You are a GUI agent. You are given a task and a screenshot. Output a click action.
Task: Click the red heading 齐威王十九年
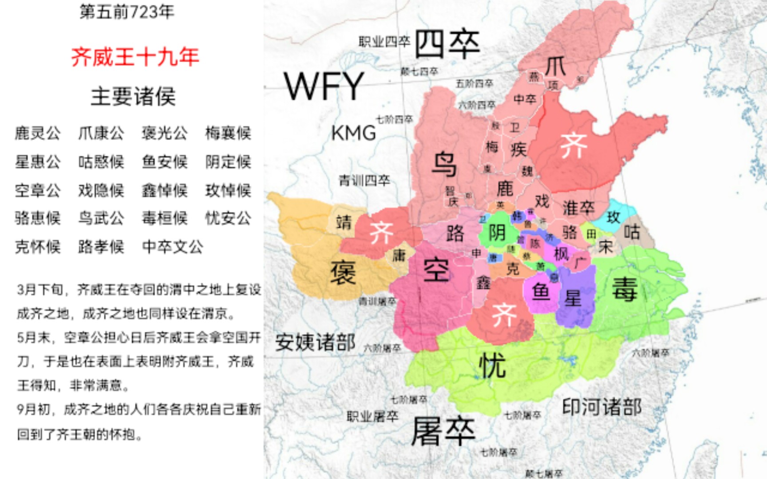pos(135,57)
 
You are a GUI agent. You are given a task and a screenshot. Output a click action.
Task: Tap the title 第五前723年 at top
pos(127,12)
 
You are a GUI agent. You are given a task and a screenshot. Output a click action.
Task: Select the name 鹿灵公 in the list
pos(38,133)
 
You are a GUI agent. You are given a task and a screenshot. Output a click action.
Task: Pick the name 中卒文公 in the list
pos(172,247)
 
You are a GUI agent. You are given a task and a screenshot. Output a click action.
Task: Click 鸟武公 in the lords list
pos(101,218)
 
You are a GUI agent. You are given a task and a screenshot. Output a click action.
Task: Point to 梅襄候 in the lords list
pos(228,133)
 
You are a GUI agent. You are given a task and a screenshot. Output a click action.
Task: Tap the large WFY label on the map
pos(324,86)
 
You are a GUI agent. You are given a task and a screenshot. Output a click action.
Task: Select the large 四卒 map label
pos(447,44)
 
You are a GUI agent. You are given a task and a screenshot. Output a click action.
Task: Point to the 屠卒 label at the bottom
pos(443,431)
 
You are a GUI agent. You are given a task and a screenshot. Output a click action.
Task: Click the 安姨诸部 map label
pos(315,342)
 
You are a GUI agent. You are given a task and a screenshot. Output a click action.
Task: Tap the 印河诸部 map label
pos(601,407)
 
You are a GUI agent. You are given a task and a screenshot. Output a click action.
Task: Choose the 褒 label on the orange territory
pos(343,273)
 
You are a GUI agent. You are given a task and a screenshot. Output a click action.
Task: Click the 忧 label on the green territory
pos(493,365)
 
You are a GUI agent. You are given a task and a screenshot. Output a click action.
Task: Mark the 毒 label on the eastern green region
pos(625,288)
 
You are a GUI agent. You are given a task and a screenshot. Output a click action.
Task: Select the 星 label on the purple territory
pos(573,298)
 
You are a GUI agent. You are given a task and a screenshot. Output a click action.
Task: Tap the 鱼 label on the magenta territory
pos(541,292)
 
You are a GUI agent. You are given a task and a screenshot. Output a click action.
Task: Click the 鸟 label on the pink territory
pos(444,164)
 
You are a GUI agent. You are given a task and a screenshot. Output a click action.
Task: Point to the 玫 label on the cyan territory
pos(613,217)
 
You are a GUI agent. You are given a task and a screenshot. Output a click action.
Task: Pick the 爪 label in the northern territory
pos(555,67)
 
